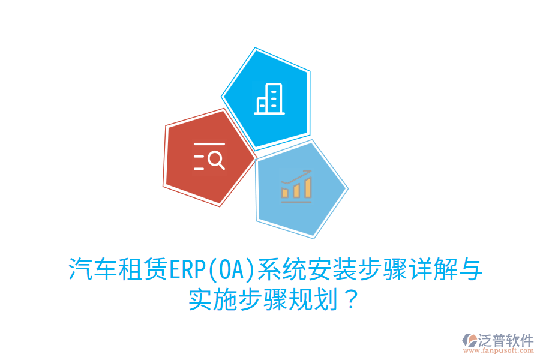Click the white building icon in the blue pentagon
click(x=269, y=98)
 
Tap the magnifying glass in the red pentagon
click(x=217, y=160)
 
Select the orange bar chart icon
click(x=296, y=186)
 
